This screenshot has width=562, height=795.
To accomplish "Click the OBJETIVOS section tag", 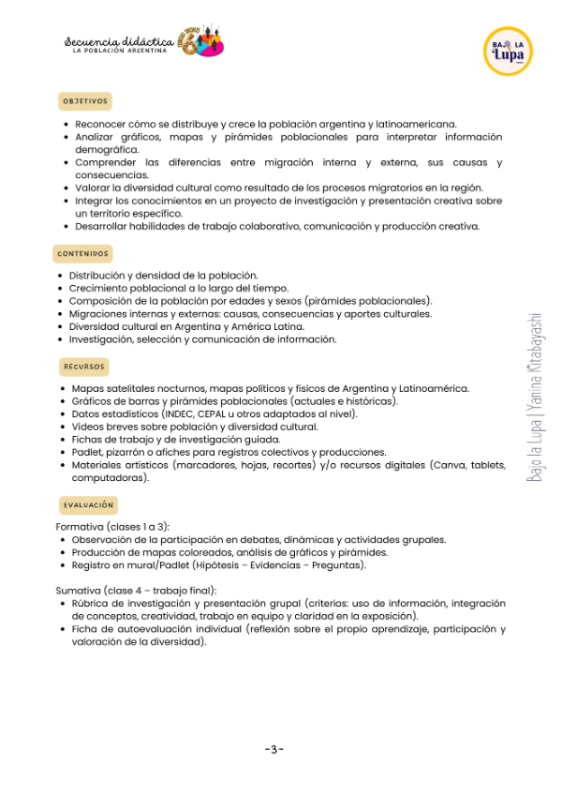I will point(85,100).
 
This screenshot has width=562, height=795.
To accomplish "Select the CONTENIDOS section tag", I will point(83,254).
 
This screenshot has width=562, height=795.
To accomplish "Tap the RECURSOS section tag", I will point(84,366).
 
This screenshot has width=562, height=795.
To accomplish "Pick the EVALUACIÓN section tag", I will point(88,505).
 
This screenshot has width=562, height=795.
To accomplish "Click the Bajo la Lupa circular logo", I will point(508,51).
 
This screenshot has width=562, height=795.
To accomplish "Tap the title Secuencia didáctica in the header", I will point(116,41).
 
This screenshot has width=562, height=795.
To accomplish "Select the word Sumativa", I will point(78,591).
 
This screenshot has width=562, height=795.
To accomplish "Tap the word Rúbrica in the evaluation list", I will point(91,604).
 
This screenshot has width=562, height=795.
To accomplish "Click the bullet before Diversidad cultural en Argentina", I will point(60,327).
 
